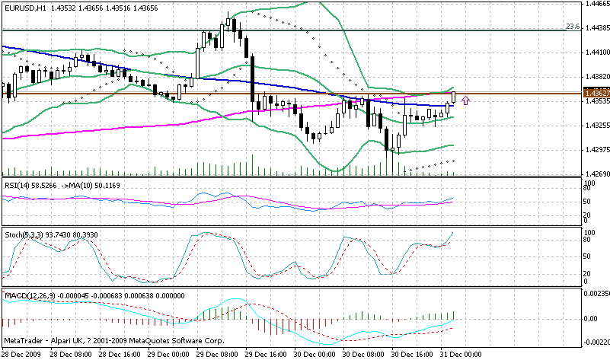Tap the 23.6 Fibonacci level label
point(573,26)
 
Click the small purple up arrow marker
point(465,99)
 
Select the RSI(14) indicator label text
point(18,185)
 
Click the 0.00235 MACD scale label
point(596,292)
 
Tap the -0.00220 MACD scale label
point(596,342)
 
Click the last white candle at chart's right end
point(454,97)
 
